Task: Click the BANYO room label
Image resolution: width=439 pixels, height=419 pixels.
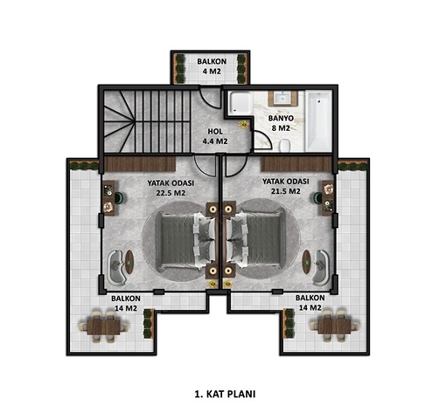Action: click(x=281, y=119)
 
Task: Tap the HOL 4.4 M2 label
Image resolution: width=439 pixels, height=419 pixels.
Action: click(x=215, y=136)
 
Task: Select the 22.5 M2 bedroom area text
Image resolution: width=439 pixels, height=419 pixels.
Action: click(x=171, y=193)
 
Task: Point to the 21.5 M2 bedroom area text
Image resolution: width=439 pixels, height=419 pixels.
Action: click(x=285, y=191)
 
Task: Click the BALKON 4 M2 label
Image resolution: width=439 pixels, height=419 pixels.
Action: click(x=212, y=66)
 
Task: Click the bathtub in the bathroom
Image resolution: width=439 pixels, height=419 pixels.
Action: click(x=318, y=120)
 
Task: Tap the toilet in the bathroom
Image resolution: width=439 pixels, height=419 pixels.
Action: click(x=284, y=145)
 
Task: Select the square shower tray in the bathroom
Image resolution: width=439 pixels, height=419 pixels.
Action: click(x=240, y=102)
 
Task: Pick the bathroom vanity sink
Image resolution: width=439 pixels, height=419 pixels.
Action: click(x=282, y=99)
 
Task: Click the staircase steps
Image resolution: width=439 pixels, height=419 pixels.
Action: click(x=147, y=121)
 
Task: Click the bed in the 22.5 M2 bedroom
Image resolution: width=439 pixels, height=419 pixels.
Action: click(x=185, y=240)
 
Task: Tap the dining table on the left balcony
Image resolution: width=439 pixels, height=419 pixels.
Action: click(x=104, y=326)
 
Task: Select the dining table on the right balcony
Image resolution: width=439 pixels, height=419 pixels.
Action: click(x=334, y=326)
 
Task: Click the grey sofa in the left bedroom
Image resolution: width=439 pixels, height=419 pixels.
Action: click(x=117, y=267)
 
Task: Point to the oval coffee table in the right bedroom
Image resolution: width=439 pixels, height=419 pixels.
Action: click(x=306, y=262)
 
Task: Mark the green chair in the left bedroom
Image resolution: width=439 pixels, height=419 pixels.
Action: click(x=119, y=197)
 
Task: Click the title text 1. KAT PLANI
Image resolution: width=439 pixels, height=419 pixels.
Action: click(x=225, y=395)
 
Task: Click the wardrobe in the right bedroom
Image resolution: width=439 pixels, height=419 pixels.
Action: click(x=296, y=164)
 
